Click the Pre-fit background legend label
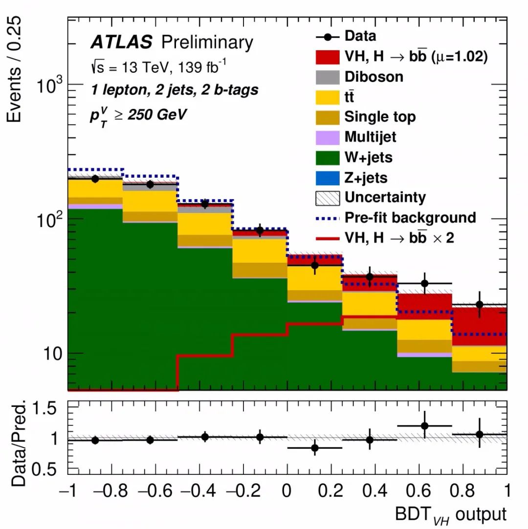(x=410, y=217)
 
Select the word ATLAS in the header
(x=121, y=43)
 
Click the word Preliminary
(x=207, y=43)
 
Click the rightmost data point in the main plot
(x=480, y=304)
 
